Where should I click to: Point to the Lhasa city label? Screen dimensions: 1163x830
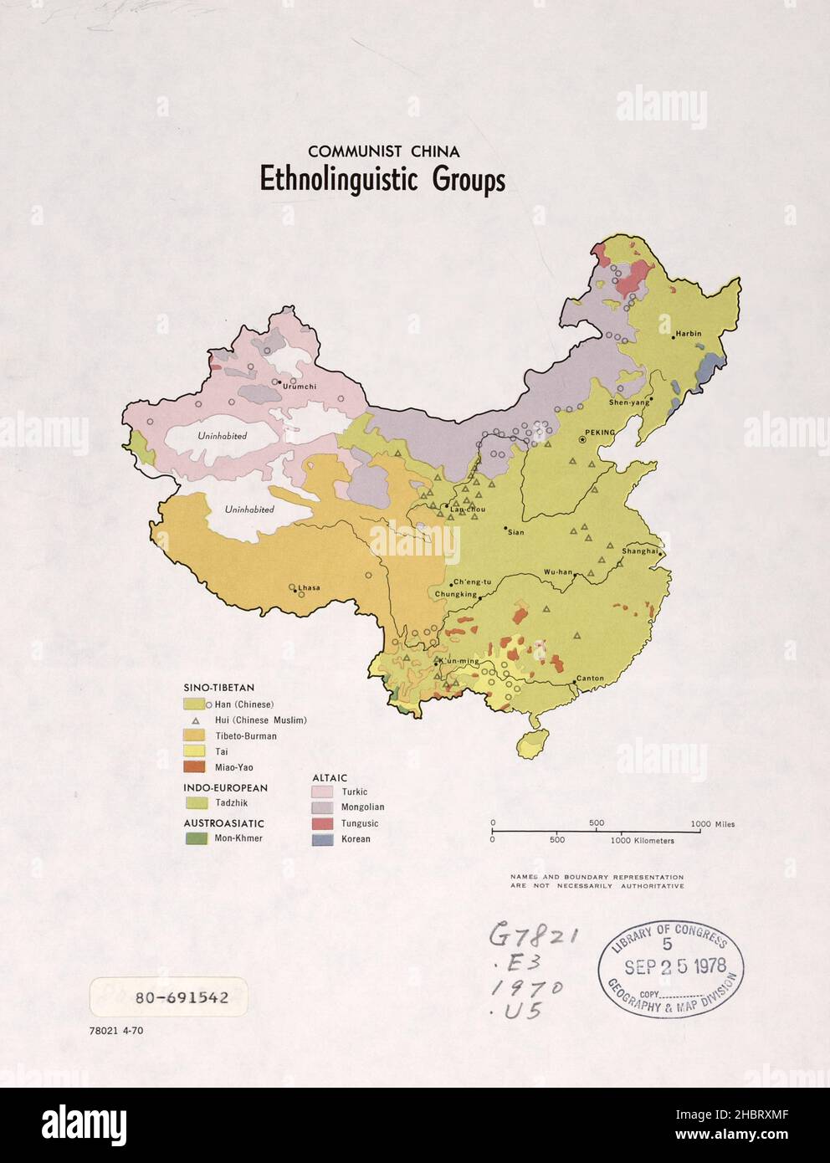pos(309,587)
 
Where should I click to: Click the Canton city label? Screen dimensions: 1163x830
pos(590,679)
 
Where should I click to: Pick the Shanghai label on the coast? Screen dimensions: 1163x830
pos(640,551)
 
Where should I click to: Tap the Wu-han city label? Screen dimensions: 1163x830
pos(558,572)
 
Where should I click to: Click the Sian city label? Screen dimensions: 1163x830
pos(515,532)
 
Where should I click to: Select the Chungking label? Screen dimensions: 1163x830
pos(455,595)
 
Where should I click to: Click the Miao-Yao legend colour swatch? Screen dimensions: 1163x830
pos(193,766)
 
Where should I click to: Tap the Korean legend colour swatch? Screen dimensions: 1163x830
pos(322,839)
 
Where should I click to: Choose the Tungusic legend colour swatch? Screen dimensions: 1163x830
pos(322,823)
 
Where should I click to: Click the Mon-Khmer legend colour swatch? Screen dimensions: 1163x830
pos(193,838)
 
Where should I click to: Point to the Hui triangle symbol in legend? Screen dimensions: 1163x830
pos(195,720)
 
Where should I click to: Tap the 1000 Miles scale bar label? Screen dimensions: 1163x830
pos(713,824)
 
